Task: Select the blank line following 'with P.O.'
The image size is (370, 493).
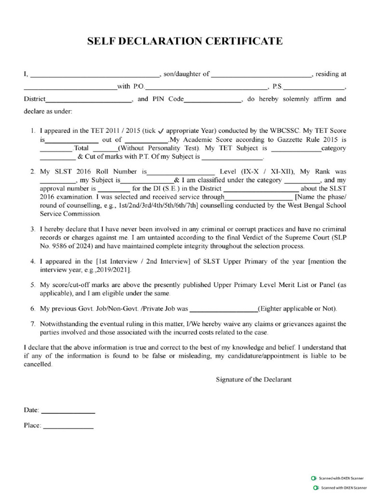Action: [x=206, y=89]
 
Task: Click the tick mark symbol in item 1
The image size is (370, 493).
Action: [x=161, y=131]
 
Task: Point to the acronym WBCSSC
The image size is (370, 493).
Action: [x=286, y=130]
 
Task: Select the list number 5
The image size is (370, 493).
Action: [x=32, y=285]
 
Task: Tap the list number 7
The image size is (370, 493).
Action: [x=32, y=324]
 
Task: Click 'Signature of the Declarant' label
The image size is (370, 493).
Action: [x=253, y=379]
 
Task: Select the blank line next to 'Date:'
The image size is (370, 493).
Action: [x=68, y=412]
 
